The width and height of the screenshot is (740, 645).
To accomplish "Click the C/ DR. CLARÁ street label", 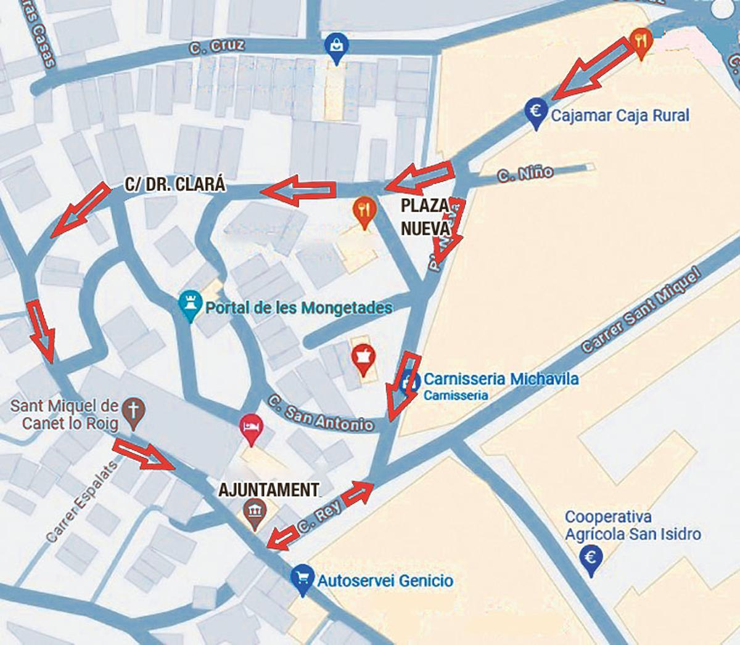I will tap(175, 184).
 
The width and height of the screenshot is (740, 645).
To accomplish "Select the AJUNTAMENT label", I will tap(269, 490).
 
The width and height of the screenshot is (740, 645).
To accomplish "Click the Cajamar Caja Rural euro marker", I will tap(536, 112).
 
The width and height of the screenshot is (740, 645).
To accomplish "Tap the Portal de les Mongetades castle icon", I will tap(190, 303).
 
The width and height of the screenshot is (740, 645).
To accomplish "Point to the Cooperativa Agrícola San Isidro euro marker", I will tap(591, 559).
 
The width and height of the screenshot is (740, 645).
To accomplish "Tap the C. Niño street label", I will tap(525, 174).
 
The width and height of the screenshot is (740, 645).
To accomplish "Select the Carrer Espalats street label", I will tap(81, 501).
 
